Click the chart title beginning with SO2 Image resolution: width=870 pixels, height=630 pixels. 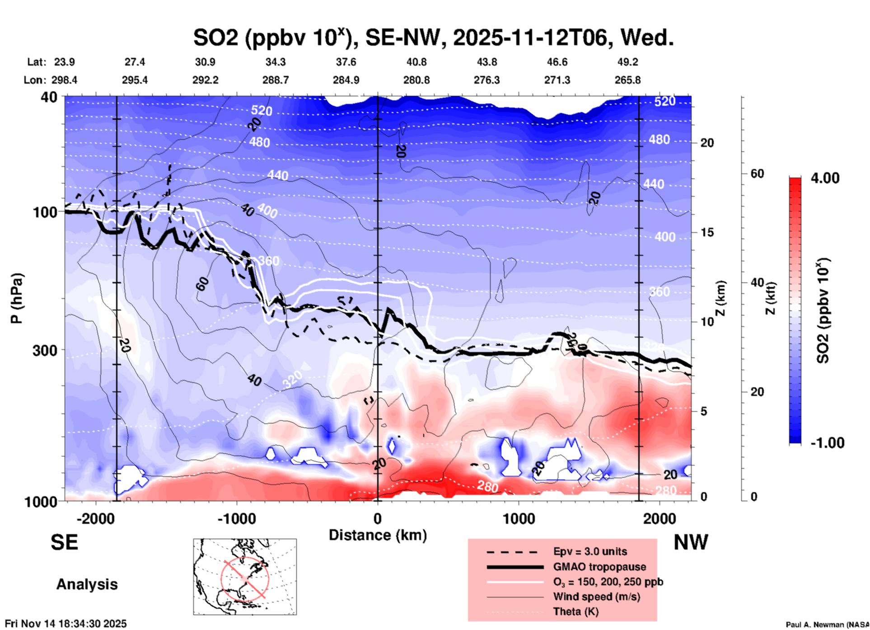433,38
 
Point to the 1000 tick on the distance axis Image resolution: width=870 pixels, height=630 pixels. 519,518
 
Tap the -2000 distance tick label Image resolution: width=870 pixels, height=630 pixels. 95,518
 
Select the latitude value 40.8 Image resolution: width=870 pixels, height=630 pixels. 416,62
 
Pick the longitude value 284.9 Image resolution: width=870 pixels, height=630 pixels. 346,80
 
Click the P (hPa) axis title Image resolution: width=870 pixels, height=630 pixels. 17,298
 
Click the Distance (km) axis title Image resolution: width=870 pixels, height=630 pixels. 378,535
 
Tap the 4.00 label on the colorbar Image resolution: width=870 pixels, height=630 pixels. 825,178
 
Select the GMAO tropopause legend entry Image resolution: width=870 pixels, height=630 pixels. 599,567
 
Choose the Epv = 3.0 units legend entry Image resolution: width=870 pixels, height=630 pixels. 590,551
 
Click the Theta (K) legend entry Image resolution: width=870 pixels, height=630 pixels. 575,611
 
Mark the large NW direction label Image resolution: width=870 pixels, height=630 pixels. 691,542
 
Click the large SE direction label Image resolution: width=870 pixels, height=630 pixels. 64,542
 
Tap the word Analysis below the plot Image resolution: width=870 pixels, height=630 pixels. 87,584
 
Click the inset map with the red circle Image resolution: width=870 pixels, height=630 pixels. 245,577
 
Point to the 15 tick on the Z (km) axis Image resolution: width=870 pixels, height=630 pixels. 707,232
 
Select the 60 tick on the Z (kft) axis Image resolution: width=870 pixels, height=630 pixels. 757,174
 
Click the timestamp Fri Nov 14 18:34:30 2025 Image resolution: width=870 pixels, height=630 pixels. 66,624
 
